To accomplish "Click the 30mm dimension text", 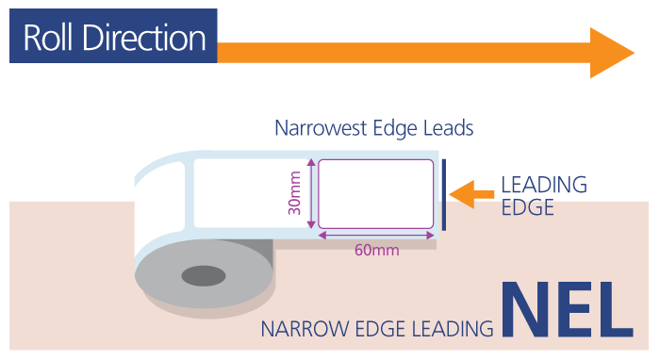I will coord(295,193).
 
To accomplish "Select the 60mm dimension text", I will coord(376,251).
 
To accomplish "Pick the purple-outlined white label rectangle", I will coord(375,193).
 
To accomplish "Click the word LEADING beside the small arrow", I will coord(543,185).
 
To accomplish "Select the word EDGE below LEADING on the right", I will coord(527,207).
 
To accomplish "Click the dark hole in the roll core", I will coord(204,276).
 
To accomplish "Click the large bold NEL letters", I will coord(568,308).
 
